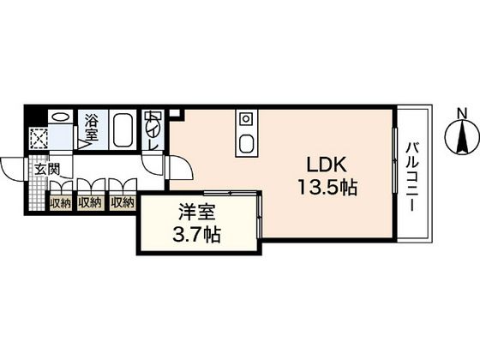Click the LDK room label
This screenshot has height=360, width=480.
click(327, 165)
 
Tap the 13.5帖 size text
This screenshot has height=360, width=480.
click(327, 188)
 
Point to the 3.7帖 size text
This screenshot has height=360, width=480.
click(196, 235)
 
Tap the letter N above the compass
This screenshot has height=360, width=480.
click(462, 114)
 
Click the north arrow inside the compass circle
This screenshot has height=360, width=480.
click(462, 136)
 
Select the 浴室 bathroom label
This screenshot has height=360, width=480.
click(92, 128)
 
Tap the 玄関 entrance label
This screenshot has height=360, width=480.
click(47, 169)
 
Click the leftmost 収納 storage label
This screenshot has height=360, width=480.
click(61, 203)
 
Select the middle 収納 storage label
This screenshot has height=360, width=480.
click(90, 202)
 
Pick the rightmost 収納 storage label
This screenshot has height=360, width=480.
click(123, 202)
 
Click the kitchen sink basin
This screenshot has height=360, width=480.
click(247, 144)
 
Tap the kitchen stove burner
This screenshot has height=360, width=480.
click(246, 118)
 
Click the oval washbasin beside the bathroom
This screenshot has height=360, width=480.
click(60, 117)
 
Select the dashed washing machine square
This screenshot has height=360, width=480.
click(39, 139)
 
